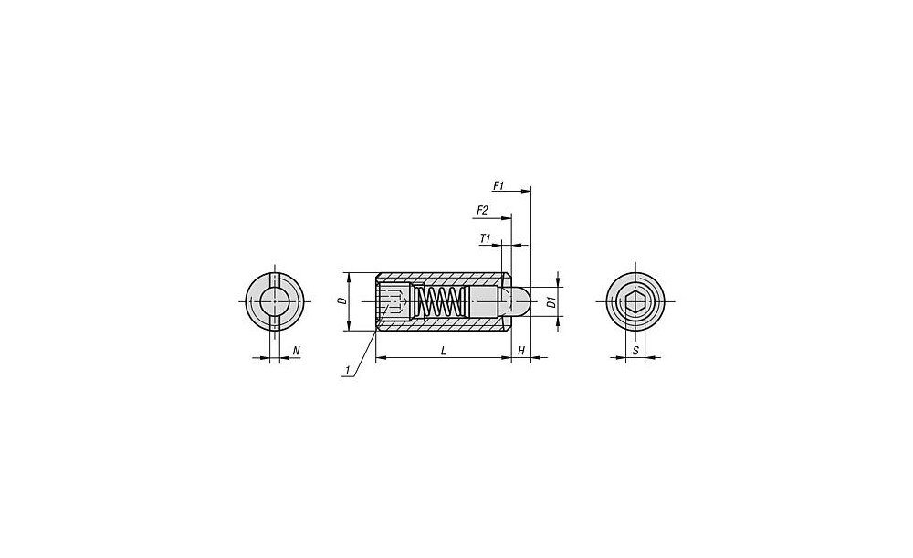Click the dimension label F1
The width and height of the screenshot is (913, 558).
[498, 185]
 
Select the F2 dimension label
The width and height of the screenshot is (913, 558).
[482, 210]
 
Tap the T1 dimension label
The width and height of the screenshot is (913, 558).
[486, 238]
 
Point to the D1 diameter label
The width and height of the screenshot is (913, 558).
[551, 302]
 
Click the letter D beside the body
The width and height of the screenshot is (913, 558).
[342, 301]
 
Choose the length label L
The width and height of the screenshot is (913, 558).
[444, 351]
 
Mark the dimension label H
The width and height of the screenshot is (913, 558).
[521, 351]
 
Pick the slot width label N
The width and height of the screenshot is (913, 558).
[296, 351]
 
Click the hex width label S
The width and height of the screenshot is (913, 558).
[635, 351]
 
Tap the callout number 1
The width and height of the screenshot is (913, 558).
[348, 370]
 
